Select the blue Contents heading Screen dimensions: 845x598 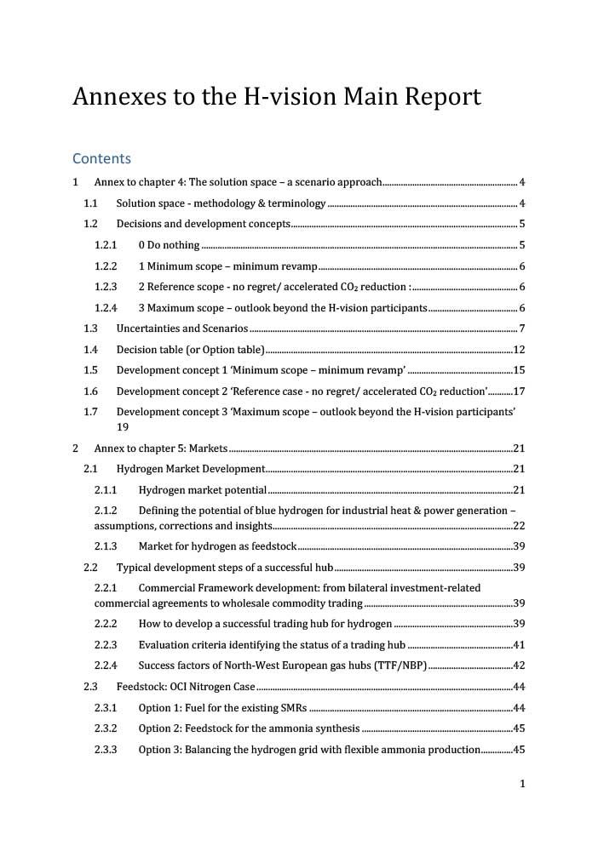(x=101, y=158)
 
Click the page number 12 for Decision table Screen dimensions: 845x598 (x=518, y=350)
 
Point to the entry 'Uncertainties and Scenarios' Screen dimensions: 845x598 (x=181, y=328)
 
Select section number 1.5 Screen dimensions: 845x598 (x=90, y=370)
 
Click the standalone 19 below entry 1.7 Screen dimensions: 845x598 (x=123, y=427)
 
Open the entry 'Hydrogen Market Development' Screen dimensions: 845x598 (x=190, y=469)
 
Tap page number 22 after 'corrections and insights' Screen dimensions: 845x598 (x=518, y=526)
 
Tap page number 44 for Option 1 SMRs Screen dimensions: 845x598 (x=518, y=708)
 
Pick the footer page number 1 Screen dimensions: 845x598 (x=521, y=784)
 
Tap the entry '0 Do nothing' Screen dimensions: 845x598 (x=169, y=245)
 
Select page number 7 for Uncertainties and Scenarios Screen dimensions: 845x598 (x=521, y=328)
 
